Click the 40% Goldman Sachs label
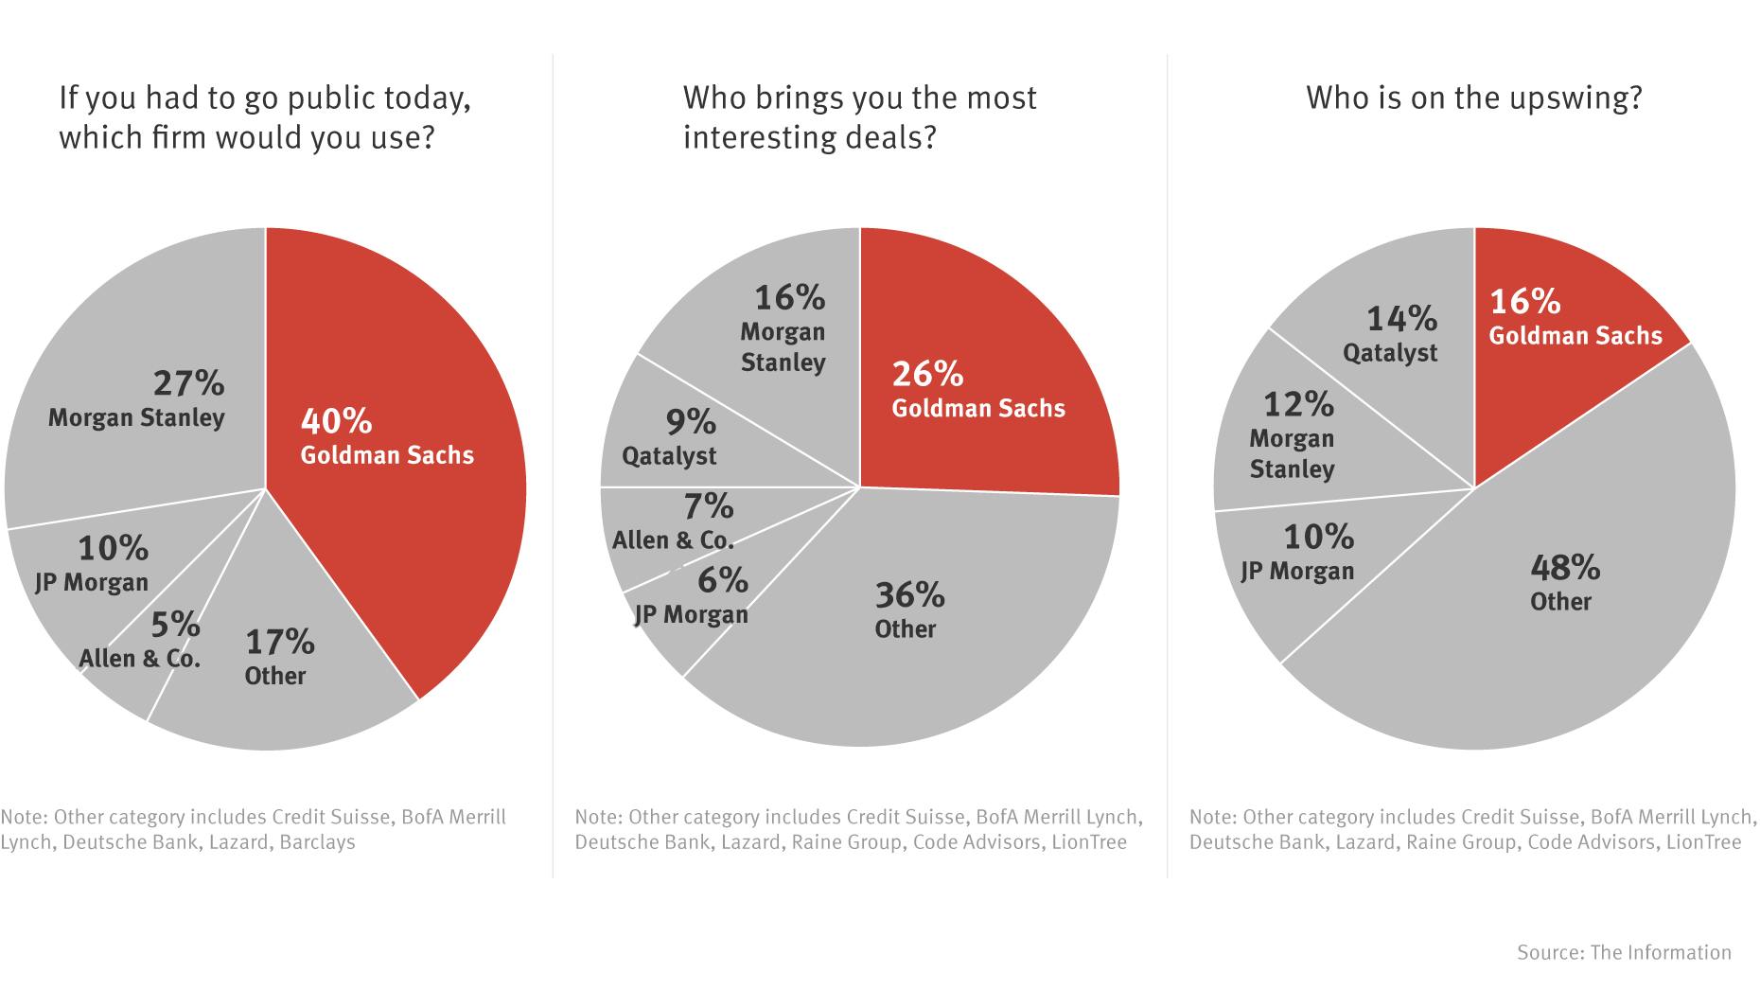click(x=386, y=437)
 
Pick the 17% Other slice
click(x=284, y=700)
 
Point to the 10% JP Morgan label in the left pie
click(x=93, y=564)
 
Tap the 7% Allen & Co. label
click(x=674, y=522)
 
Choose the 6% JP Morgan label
click(x=693, y=596)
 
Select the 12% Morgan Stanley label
click(x=1293, y=435)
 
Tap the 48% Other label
click(x=1563, y=583)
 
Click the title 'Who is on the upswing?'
click(x=1473, y=98)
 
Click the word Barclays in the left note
click(x=318, y=841)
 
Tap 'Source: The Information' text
click(x=1624, y=952)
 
